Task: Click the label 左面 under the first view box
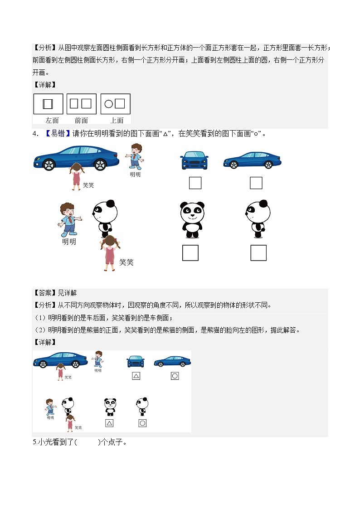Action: [52, 120]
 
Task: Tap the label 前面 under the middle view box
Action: [81, 120]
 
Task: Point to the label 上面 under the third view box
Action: [117, 120]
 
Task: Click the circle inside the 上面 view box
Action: [108, 104]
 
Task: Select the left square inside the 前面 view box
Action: [74, 104]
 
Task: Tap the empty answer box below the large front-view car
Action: [195, 183]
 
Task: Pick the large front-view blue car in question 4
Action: [195, 160]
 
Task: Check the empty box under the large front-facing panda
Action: [190, 253]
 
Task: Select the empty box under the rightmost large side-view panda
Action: [258, 253]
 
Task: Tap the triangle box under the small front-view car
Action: [136, 376]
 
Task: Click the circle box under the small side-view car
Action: [175, 376]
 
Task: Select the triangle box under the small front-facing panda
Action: [109, 423]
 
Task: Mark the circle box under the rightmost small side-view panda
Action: [142, 423]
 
